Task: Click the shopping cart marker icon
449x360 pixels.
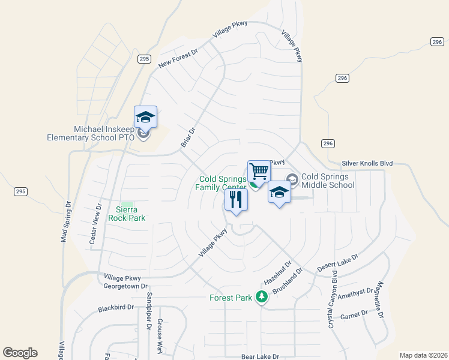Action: [x=259, y=171]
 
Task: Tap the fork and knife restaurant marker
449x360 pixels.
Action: [x=236, y=199]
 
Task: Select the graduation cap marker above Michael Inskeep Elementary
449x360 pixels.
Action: [x=145, y=116]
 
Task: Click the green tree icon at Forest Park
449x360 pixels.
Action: [x=261, y=296]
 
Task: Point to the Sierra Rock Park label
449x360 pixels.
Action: [x=127, y=214]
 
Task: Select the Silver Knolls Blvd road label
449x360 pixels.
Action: [x=367, y=163]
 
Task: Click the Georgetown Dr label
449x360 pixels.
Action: [x=125, y=287]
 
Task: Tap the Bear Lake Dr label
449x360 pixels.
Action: [x=261, y=356]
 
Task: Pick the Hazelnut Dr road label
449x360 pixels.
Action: [x=278, y=273]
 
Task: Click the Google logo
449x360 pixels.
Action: [x=20, y=353]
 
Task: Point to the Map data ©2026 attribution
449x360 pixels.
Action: [x=423, y=355]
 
